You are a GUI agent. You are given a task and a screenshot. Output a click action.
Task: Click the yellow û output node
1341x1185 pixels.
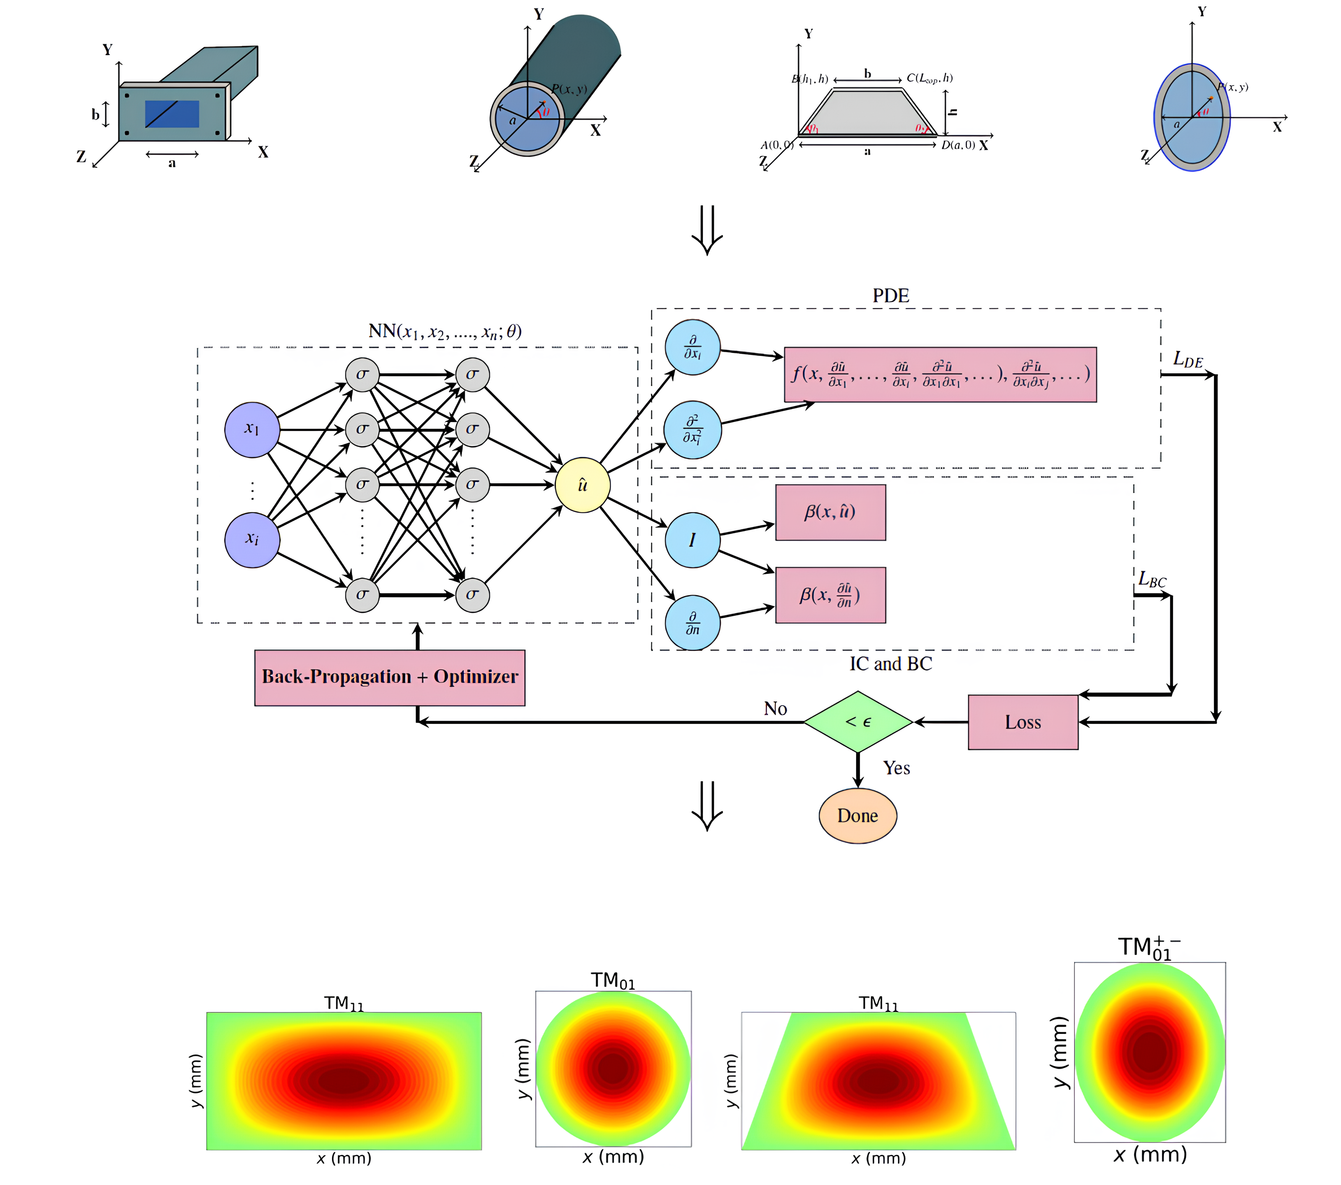582,485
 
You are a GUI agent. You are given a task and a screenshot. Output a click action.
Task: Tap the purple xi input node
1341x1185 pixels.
252,540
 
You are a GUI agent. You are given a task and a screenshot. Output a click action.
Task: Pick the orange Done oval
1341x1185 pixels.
858,815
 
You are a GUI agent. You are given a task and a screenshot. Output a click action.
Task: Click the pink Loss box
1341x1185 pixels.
1022,722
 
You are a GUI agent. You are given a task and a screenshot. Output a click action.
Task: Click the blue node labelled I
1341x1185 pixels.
692,540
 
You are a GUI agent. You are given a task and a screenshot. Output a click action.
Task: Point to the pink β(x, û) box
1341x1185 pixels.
830,512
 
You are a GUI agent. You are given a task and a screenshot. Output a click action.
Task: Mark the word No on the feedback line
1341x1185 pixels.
775,708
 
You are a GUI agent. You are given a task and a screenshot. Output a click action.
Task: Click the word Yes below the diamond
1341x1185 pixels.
896,768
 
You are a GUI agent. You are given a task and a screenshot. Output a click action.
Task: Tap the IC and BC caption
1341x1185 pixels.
890,664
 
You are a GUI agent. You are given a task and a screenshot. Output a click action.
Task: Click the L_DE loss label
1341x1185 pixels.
1188,360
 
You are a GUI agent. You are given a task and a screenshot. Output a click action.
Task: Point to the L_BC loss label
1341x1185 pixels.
1152,580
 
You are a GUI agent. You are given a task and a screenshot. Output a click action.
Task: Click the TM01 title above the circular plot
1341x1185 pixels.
613,980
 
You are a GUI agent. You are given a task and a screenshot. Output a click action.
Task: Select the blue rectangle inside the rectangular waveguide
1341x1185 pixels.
172,114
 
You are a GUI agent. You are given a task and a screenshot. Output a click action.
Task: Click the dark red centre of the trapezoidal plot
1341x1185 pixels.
878,1080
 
